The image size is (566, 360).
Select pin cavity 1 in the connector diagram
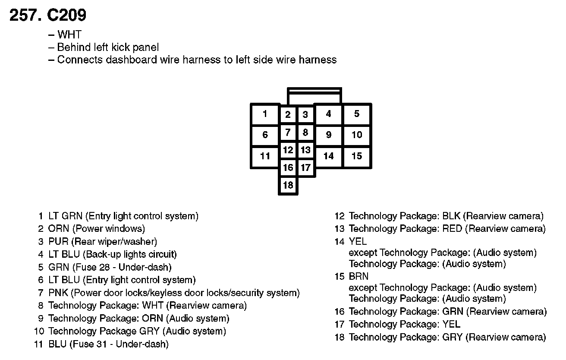265,114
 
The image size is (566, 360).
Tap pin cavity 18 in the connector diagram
288,185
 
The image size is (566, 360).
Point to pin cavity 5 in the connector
357,114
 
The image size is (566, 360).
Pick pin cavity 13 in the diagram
305,150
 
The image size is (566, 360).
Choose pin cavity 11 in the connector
265,156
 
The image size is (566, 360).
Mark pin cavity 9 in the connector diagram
329,135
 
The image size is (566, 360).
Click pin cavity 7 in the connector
288,133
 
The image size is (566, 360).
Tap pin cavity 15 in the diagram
357,156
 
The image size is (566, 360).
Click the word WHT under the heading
69,35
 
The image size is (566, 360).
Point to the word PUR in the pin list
59,241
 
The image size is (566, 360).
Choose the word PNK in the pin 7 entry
59,293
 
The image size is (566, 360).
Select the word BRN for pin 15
358,276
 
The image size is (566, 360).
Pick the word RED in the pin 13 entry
452,229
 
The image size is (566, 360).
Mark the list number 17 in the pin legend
340,324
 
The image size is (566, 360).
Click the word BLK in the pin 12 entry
451,216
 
